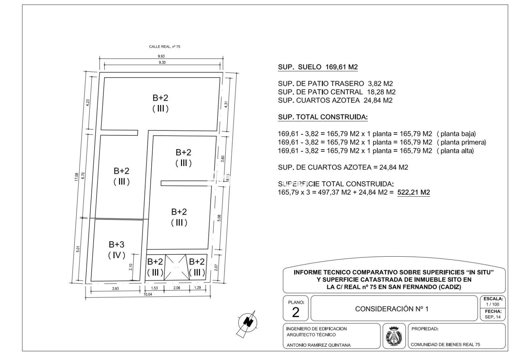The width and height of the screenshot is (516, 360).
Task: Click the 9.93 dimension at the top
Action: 161,56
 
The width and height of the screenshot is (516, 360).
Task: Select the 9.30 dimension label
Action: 162,62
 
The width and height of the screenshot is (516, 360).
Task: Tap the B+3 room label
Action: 117,244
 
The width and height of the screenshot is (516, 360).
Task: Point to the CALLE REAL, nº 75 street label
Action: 164,47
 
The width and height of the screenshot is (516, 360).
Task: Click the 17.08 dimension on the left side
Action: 77,177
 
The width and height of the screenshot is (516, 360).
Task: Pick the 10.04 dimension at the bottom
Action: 148,294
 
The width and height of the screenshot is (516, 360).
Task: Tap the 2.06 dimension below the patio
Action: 177,288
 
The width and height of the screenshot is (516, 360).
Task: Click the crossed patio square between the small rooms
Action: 176,267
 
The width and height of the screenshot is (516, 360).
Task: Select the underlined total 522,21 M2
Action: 414,192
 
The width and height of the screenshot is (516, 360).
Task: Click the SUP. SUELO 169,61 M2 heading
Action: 318,67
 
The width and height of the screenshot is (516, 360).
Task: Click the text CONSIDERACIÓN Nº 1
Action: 392,309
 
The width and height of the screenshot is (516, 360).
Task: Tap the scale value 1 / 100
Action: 493,304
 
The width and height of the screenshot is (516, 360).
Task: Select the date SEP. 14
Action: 493,317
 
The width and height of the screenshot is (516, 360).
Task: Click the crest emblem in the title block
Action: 394,336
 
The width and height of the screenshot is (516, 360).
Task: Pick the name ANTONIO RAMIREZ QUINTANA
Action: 319,345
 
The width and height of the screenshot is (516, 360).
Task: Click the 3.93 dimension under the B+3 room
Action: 115,288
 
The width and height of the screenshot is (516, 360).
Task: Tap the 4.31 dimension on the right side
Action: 226,105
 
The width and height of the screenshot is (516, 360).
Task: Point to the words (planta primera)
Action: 461,142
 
